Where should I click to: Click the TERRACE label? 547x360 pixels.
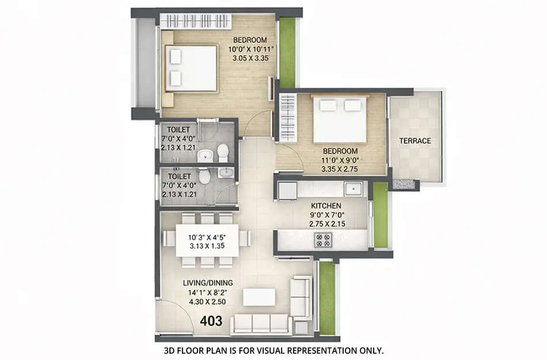(416, 141)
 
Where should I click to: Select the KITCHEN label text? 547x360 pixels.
(326, 206)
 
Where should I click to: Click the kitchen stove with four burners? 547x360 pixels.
(321, 239)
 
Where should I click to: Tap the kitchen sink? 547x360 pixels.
(352, 188)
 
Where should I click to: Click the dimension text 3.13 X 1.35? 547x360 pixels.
(207, 246)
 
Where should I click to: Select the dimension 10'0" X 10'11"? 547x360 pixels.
(250, 49)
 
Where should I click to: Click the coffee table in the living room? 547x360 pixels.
(259, 297)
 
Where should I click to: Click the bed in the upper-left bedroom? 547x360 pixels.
(191, 68)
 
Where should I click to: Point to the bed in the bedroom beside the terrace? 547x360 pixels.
(340, 119)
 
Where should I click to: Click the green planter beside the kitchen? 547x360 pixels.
(381, 215)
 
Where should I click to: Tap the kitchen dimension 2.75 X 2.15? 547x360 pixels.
(326, 223)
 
